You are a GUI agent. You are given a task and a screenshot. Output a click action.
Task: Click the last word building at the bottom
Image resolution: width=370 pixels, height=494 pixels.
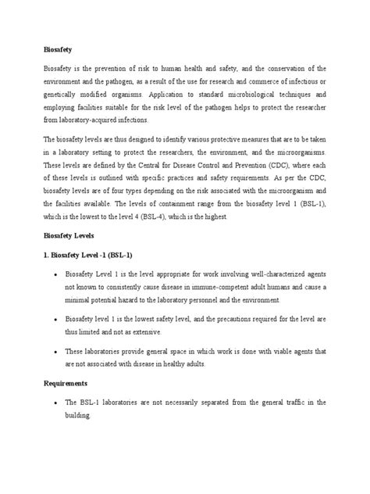click(76, 415)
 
